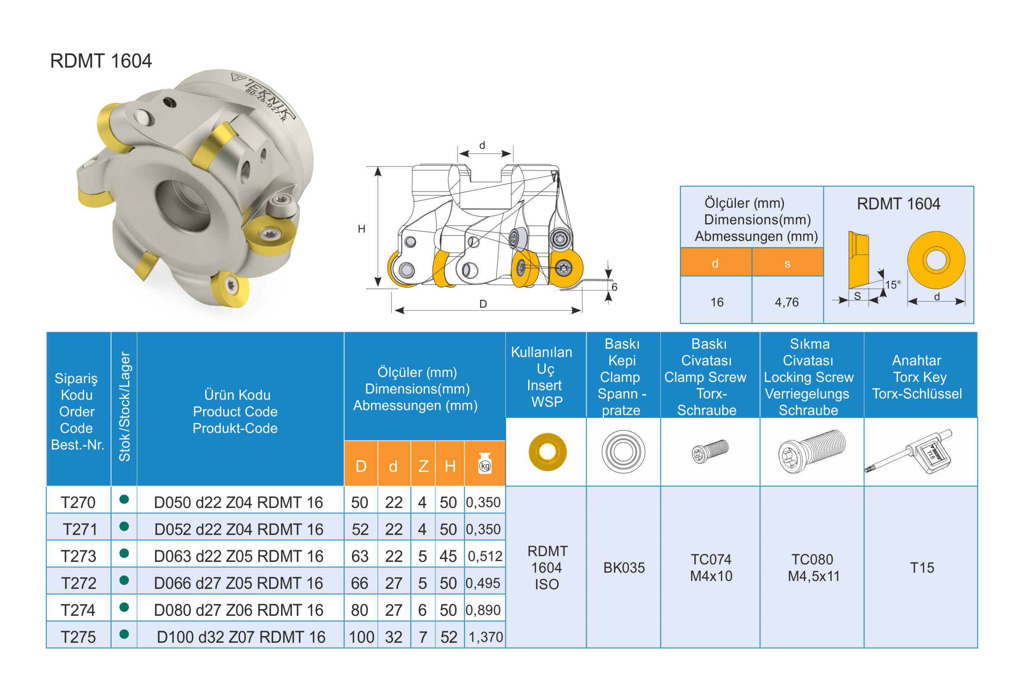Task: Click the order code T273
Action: click(x=78, y=556)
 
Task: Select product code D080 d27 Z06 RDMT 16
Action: click(x=238, y=610)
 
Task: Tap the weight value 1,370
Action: click(x=485, y=637)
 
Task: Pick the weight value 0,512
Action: click(x=485, y=556)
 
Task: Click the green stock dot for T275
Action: click(x=124, y=634)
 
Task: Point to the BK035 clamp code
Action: click(x=624, y=568)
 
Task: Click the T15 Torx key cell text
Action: click(x=922, y=568)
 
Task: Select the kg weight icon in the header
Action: click(x=485, y=464)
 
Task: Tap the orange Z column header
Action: click(x=423, y=466)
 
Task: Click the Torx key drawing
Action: click(x=909, y=451)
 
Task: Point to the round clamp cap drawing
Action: click(x=624, y=452)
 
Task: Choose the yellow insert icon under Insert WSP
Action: click(x=547, y=452)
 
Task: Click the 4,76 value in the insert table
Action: click(x=786, y=302)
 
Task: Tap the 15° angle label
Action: click(x=893, y=285)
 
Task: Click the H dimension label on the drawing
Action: click(x=362, y=229)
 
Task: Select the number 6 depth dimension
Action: click(x=614, y=287)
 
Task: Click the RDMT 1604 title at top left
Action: click(x=101, y=61)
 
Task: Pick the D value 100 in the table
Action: click(x=362, y=637)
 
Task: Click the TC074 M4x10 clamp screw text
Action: click(x=711, y=568)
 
